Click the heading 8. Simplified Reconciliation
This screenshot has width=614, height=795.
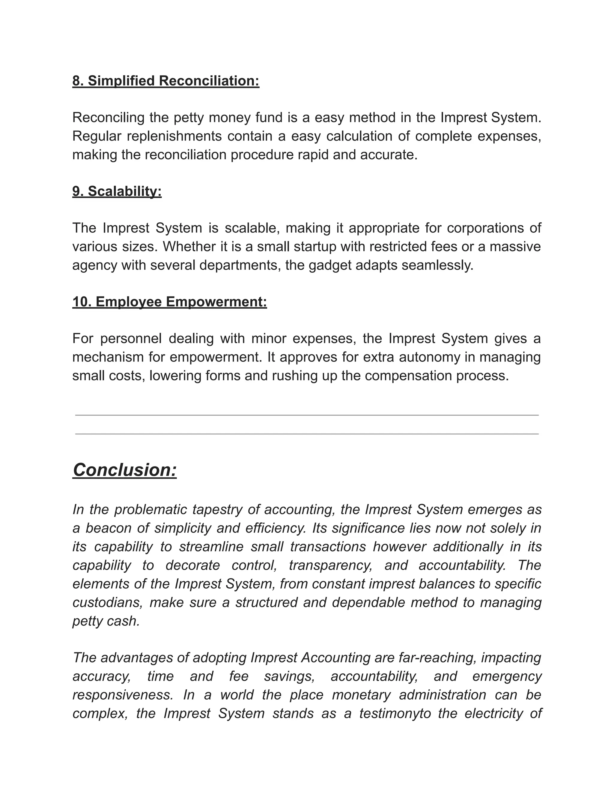tap(165, 81)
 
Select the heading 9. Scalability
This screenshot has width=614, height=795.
tap(117, 191)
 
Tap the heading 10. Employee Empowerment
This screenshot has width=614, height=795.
tap(169, 302)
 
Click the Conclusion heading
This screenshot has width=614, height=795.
tap(125, 469)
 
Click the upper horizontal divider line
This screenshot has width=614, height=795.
tap(307, 415)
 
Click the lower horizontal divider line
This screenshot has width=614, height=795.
tap(307, 434)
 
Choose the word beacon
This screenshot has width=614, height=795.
tap(109, 528)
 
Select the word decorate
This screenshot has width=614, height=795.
tap(192, 565)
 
